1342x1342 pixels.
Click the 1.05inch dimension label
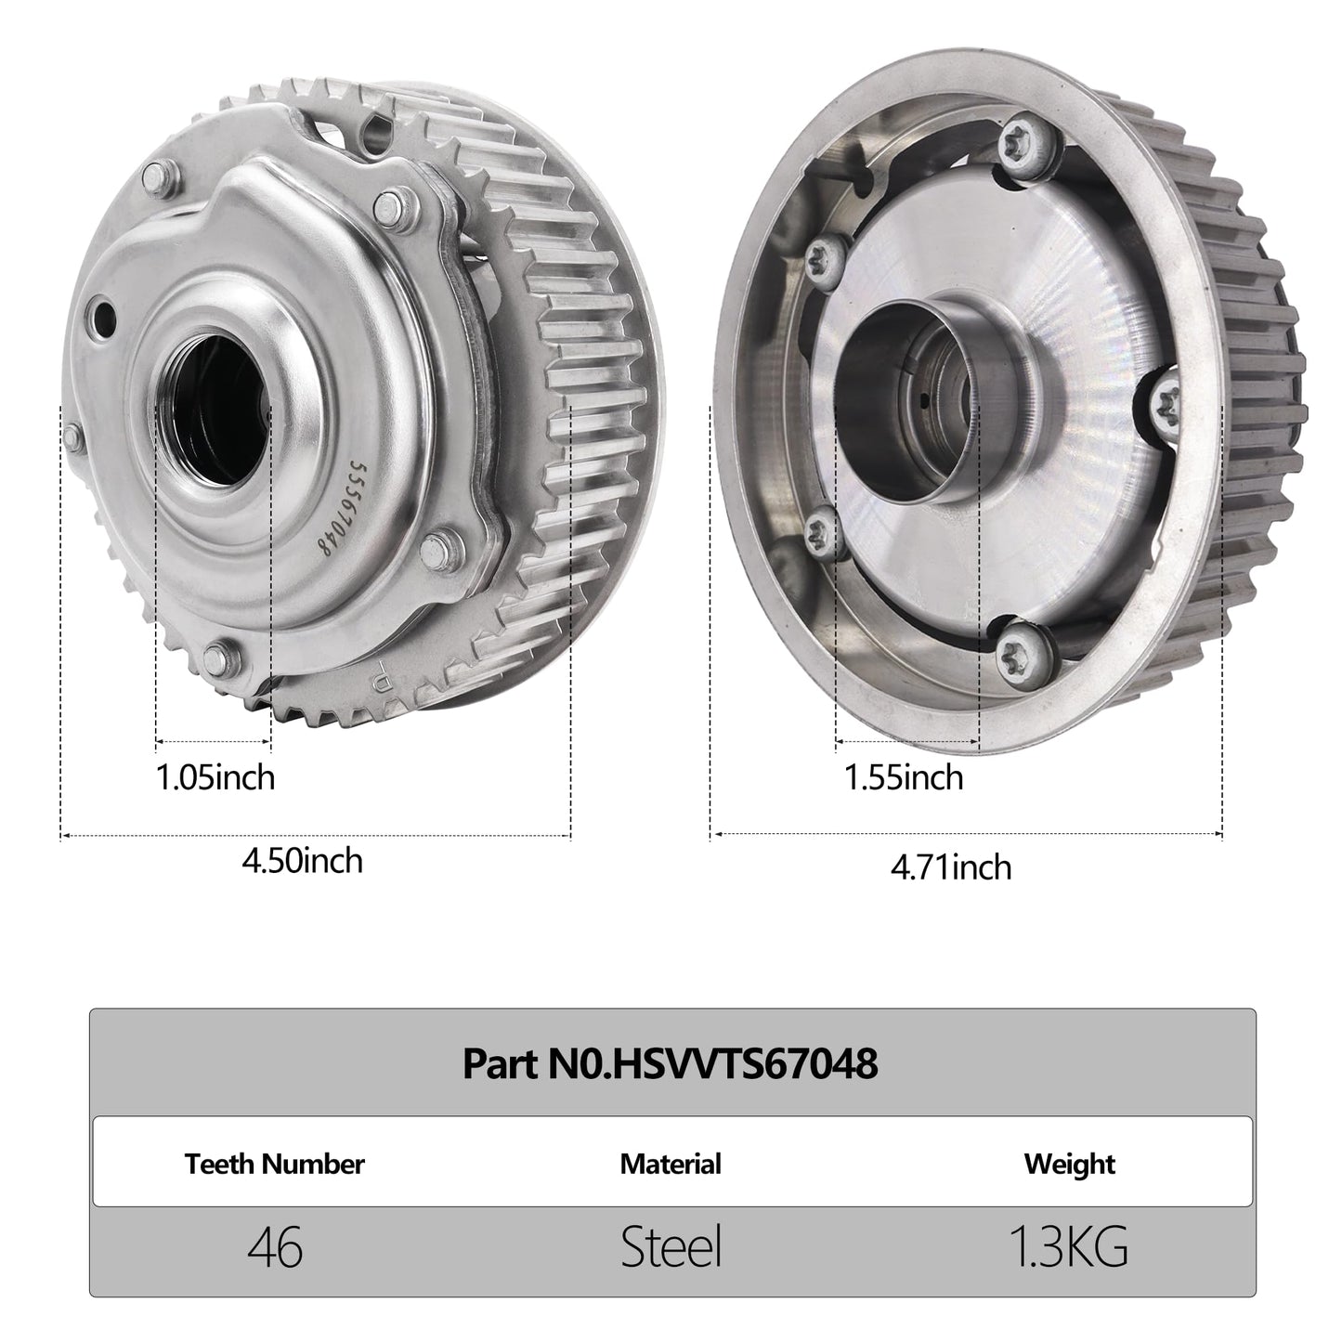click(215, 776)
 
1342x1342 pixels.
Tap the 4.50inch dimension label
click(302, 861)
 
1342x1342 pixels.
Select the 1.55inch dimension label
click(903, 776)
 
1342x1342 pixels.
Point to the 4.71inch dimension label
click(950, 867)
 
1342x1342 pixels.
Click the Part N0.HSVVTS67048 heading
click(670, 1064)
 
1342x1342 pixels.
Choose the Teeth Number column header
click(274, 1164)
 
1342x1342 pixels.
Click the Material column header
click(670, 1164)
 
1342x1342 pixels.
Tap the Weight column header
click(1069, 1164)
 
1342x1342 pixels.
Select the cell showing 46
click(275, 1248)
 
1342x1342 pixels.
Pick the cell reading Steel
click(671, 1248)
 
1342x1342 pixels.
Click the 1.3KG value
click(1068, 1248)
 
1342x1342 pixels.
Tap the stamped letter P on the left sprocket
click(380, 672)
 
